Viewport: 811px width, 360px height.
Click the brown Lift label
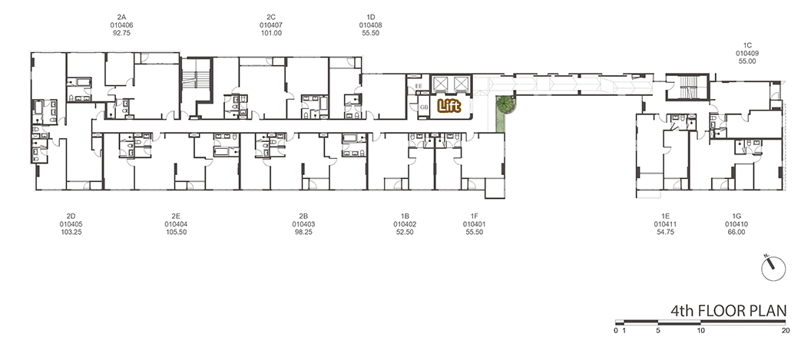click(449, 106)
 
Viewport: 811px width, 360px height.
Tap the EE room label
click(419, 86)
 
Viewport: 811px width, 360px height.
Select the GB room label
click(424, 107)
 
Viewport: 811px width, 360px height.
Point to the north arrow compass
click(773, 268)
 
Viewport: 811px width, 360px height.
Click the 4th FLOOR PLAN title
click(728, 311)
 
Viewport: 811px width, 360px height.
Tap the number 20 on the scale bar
click(786, 330)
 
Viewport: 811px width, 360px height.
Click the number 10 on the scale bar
click(700, 330)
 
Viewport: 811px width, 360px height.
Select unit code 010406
click(121, 25)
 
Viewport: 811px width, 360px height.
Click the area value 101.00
click(272, 33)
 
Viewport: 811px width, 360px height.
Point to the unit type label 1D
click(371, 17)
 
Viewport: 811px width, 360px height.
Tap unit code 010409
click(747, 53)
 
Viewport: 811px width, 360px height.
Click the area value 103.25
click(71, 233)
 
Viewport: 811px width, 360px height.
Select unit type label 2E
click(176, 216)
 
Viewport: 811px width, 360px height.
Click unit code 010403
click(303, 224)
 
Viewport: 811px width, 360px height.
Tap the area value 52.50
click(405, 233)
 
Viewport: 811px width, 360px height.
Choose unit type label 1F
click(475, 216)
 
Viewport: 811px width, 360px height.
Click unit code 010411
click(665, 224)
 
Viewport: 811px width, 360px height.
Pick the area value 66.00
click(737, 233)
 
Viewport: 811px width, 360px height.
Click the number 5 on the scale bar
click(658, 330)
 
